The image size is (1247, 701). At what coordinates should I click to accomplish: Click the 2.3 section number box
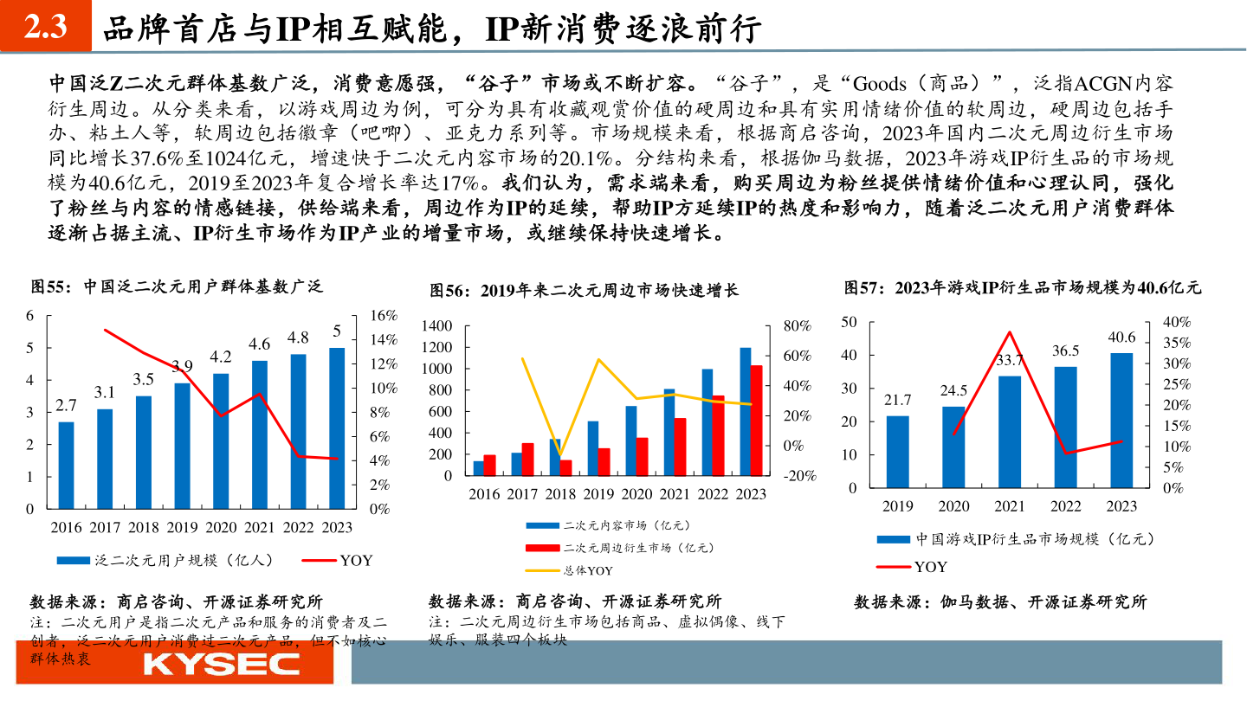(45, 28)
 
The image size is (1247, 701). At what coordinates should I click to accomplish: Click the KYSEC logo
(221, 664)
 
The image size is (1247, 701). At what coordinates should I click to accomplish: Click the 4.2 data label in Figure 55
(221, 357)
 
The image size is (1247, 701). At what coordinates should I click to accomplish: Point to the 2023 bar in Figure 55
(337, 428)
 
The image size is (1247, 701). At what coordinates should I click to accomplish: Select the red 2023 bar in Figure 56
(756, 421)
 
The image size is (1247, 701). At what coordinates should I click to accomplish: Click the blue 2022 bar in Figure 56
(707, 422)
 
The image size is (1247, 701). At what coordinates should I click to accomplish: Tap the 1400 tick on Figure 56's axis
(437, 326)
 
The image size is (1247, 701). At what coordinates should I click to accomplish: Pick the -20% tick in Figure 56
(799, 476)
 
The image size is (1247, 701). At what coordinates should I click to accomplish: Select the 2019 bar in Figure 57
(898, 452)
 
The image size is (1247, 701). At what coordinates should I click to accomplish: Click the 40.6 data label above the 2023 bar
(1121, 338)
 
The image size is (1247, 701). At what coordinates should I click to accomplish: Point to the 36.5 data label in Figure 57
(1065, 350)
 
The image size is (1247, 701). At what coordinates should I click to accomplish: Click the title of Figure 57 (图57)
(1023, 287)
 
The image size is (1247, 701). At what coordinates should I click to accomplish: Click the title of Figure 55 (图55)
(177, 286)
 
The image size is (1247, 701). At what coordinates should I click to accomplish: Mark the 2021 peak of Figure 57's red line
(1009, 332)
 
